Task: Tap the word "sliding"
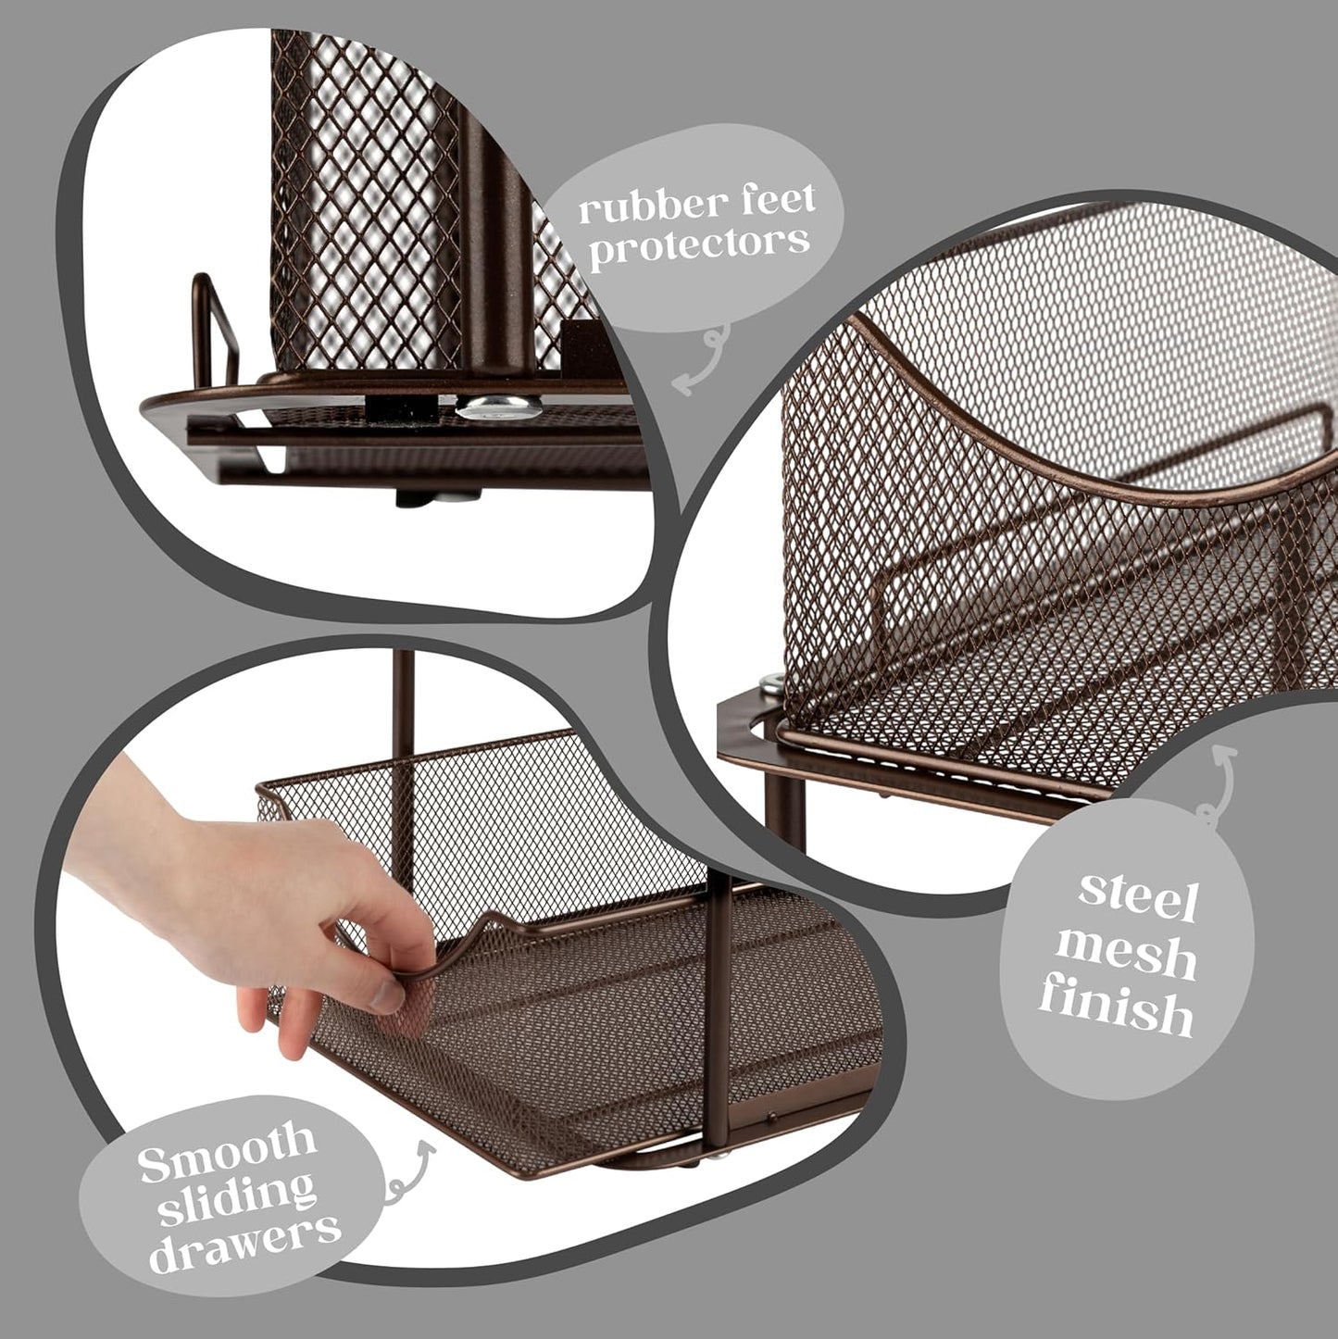click(236, 1195)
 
